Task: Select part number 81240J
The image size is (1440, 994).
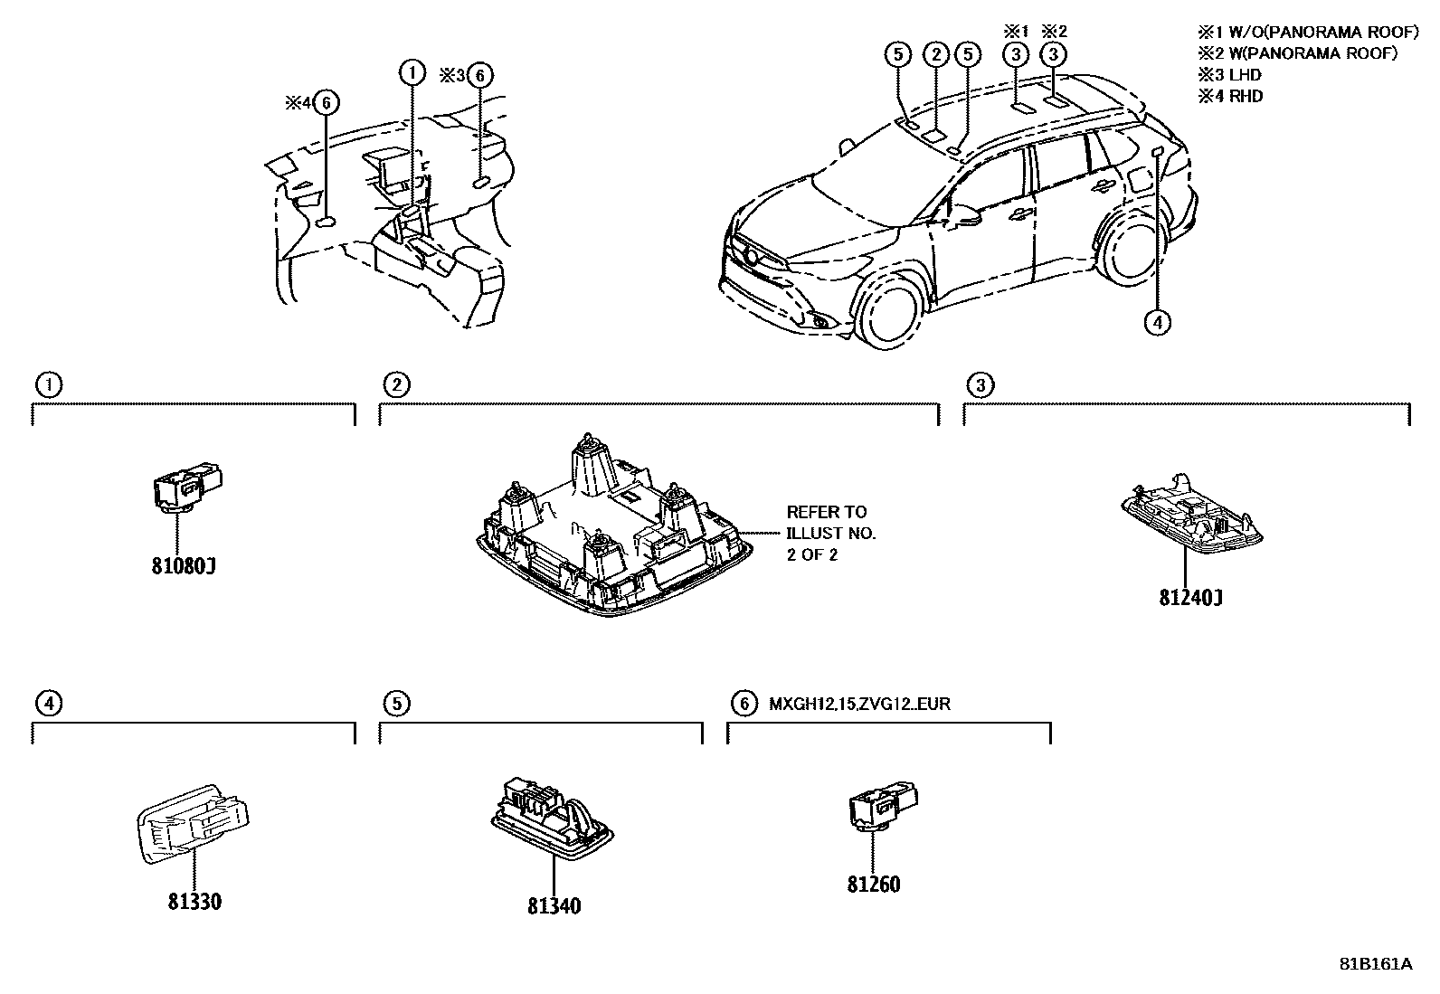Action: coord(1191,597)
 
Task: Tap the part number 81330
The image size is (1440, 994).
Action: coord(194,902)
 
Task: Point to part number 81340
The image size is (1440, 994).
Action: coord(554,905)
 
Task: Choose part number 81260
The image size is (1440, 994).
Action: coord(874,885)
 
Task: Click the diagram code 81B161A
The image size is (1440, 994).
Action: coord(1375,963)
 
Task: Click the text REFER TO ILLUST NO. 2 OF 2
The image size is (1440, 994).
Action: coord(830,534)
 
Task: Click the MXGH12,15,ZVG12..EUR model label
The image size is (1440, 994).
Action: coord(859,703)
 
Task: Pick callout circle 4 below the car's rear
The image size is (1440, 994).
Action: coord(1157,321)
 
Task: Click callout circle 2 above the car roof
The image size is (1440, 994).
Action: coord(936,55)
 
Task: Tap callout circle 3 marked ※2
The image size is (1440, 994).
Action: coord(1054,55)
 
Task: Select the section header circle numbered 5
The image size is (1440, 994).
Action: coord(396,703)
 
